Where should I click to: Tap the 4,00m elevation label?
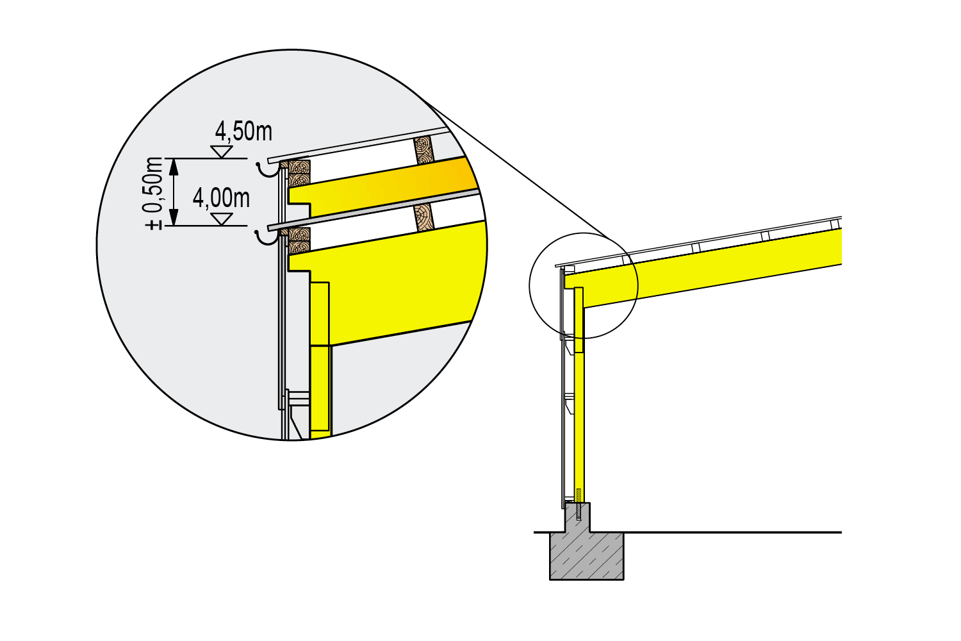(x=221, y=198)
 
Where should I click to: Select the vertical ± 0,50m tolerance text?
(x=154, y=194)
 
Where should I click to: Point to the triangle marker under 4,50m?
(x=222, y=152)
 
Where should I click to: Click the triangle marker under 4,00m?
(x=222, y=219)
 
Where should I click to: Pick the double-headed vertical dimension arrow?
(x=174, y=192)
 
